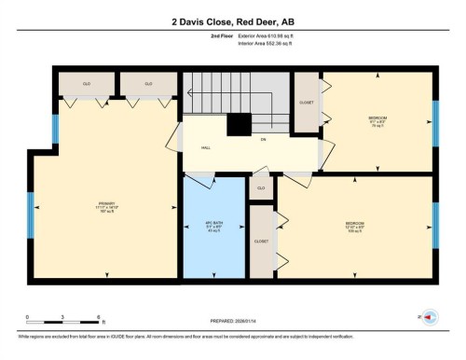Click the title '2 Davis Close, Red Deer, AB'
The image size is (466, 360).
(233, 21)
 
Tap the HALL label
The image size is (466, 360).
(205, 148)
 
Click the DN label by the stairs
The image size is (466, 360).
(263, 140)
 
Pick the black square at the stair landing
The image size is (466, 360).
(240, 124)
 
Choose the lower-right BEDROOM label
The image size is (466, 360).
(354, 225)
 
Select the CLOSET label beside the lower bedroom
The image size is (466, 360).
(262, 241)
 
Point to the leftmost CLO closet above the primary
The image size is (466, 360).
(87, 84)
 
